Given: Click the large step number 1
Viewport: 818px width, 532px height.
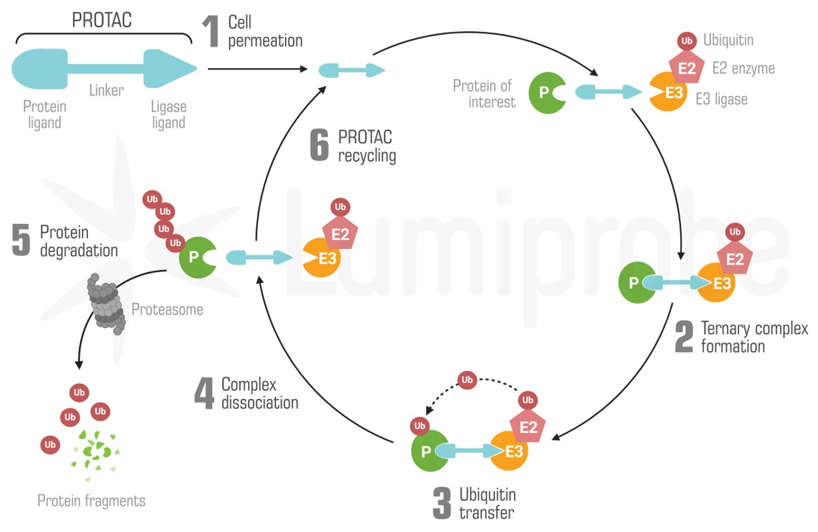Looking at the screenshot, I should click(x=211, y=32).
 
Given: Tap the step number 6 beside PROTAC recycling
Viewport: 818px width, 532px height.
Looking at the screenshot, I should click(x=319, y=145).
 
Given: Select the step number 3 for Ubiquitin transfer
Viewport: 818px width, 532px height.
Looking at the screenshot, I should click(x=441, y=502).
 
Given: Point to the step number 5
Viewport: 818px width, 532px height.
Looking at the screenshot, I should click(x=21, y=240).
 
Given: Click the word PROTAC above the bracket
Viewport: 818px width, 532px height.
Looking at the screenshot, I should click(x=102, y=20).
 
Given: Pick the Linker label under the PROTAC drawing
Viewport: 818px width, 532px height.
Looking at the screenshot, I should click(x=106, y=91).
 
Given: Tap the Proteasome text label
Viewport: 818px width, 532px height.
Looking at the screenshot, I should click(x=167, y=310).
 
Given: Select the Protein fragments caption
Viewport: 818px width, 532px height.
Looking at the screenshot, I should click(x=92, y=501).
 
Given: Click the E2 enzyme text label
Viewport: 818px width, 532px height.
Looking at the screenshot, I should click(x=743, y=69).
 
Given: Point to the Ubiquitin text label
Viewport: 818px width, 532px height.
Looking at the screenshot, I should click(x=728, y=40).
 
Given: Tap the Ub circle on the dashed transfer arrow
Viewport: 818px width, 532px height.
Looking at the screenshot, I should click(x=467, y=381).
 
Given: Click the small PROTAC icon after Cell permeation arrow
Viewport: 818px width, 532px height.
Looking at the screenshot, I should click(x=351, y=71).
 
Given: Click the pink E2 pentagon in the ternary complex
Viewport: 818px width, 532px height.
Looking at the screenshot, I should click(x=735, y=258).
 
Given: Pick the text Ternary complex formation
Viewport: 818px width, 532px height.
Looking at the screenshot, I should click(x=754, y=337).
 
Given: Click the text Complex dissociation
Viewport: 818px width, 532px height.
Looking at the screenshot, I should click(x=259, y=394).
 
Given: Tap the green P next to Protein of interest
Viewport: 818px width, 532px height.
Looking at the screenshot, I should click(x=545, y=93).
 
